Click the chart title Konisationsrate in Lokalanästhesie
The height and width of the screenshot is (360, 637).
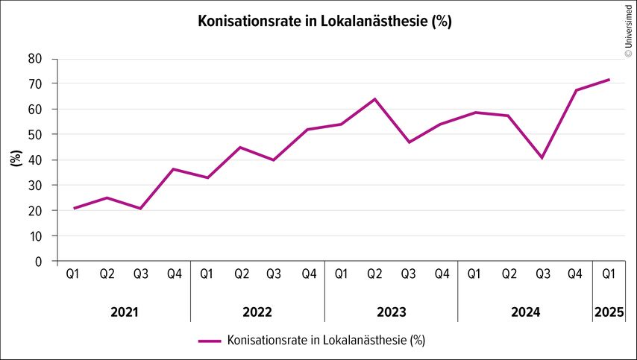[x=324, y=21]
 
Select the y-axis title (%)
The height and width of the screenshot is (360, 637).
[x=16, y=160]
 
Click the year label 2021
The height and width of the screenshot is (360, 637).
[x=123, y=312]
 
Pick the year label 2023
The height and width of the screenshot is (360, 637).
[x=391, y=312]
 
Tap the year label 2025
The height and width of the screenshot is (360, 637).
[x=609, y=312]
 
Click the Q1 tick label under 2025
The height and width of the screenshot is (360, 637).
[x=609, y=274]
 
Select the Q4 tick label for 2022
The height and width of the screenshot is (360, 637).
[x=308, y=274]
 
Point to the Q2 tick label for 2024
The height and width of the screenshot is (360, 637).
[x=509, y=274]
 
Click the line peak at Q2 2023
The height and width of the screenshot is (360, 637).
[x=374, y=99]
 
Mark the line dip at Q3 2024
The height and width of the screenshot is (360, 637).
[x=542, y=158]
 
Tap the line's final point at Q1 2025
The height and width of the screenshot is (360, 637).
[x=609, y=80]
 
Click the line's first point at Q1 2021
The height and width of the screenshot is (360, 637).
[x=74, y=208]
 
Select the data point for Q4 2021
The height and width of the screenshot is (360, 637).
[x=174, y=169]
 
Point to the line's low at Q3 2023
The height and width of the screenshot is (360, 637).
[x=408, y=142]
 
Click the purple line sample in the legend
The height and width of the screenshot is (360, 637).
[x=210, y=341]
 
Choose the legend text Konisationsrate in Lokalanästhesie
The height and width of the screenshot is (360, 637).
[x=326, y=341]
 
